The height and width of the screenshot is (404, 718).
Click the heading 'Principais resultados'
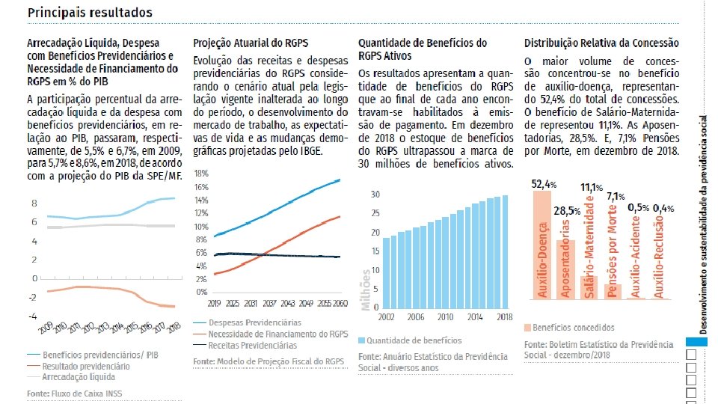tap(90, 13)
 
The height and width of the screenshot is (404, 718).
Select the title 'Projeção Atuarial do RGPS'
tap(251, 43)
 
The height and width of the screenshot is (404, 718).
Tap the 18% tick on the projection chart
tap(200, 173)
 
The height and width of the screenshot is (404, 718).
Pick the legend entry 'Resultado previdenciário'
tap(86, 367)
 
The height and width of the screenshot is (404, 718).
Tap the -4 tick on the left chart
tap(34, 316)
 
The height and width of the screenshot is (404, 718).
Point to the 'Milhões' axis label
tap(366, 290)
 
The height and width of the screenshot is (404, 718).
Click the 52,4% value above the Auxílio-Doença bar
tap(544, 183)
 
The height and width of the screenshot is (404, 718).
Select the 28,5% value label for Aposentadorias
tap(567, 210)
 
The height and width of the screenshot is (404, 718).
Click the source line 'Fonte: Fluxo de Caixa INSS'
tap(74, 393)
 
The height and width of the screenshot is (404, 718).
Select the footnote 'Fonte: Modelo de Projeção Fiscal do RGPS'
tap(269, 361)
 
